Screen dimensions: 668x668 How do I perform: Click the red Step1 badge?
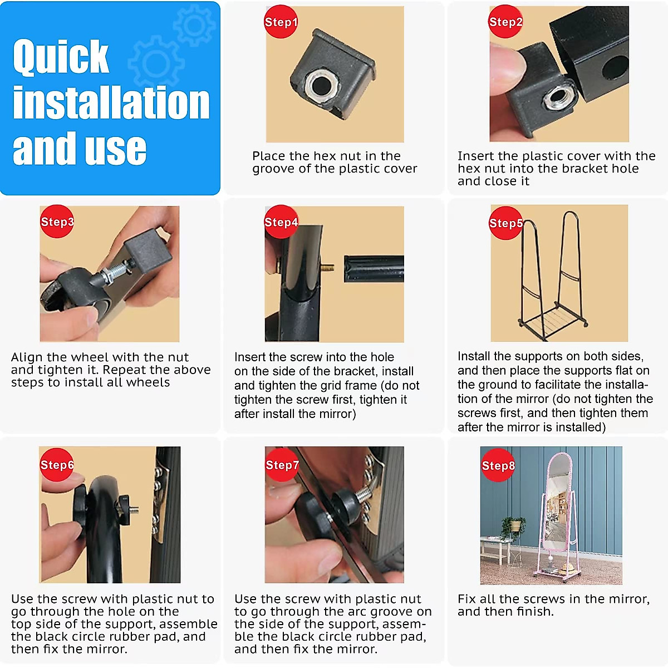click(281, 22)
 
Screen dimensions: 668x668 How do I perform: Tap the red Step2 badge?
click(505, 22)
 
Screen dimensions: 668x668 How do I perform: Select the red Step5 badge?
click(505, 223)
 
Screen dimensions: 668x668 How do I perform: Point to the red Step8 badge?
click(498, 465)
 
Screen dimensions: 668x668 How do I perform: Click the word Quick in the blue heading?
click(61, 57)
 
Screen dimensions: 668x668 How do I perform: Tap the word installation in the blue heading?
click(111, 102)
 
